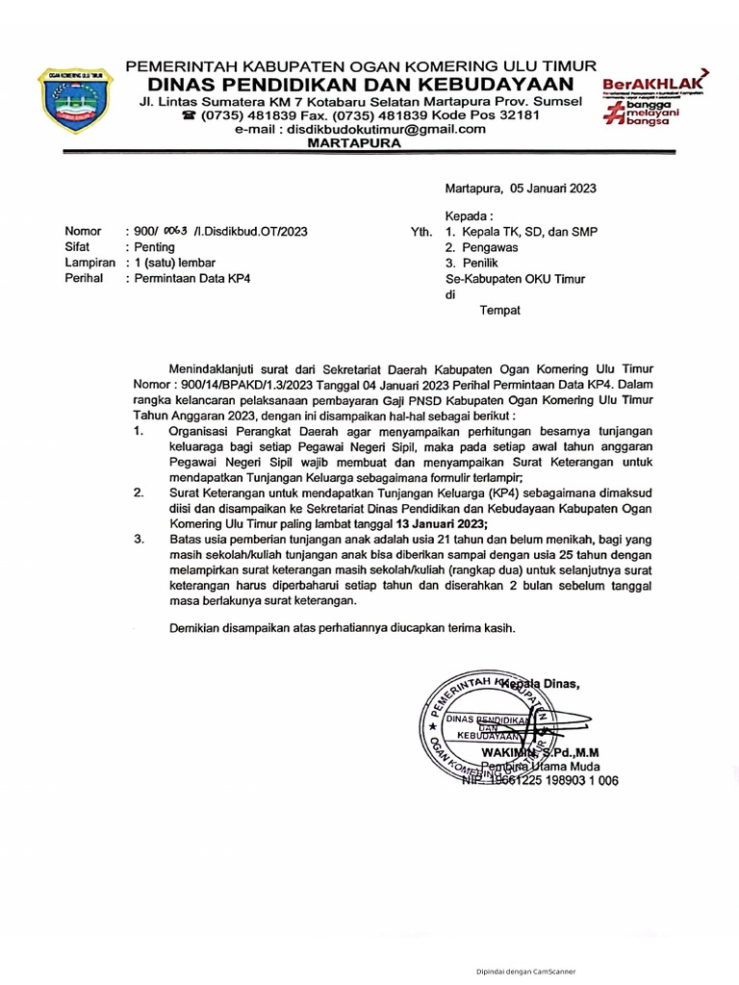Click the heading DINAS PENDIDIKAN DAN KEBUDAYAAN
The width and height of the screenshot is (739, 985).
click(x=361, y=84)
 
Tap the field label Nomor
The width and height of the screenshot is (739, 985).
click(x=82, y=232)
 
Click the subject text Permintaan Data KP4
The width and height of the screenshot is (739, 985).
click(x=193, y=278)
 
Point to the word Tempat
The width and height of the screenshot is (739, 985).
click(x=500, y=310)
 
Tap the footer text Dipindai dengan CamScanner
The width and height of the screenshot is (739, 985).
click(x=526, y=972)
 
